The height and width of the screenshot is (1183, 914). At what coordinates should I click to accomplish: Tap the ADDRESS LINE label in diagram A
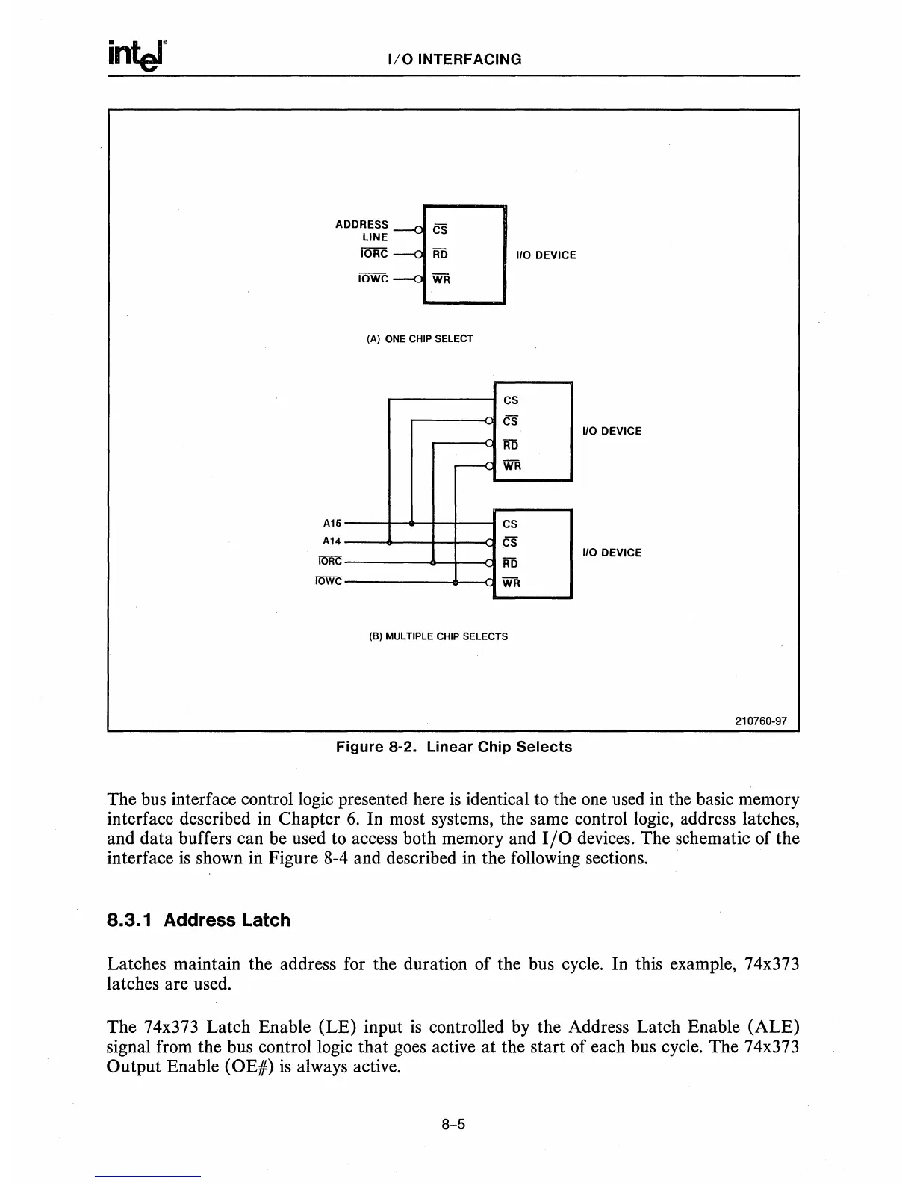pyautogui.click(x=362, y=230)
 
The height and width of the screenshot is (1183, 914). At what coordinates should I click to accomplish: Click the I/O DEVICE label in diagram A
pyautogui.click(x=547, y=255)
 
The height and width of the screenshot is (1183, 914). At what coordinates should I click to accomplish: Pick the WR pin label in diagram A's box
pyautogui.click(x=441, y=279)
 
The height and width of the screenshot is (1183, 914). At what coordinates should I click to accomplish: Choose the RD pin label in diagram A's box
pyautogui.click(x=441, y=255)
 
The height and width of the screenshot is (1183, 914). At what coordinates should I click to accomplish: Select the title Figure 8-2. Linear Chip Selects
pyautogui.click(x=454, y=747)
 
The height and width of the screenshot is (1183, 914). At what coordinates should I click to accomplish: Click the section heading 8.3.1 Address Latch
pyautogui.click(x=199, y=920)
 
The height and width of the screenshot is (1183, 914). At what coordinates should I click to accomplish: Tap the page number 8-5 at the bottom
pyautogui.click(x=453, y=1124)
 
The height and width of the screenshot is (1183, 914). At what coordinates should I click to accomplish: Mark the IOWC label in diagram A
pyautogui.click(x=373, y=279)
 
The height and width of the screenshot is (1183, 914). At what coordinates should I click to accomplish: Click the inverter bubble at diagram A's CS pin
pyautogui.click(x=419, y=230)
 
